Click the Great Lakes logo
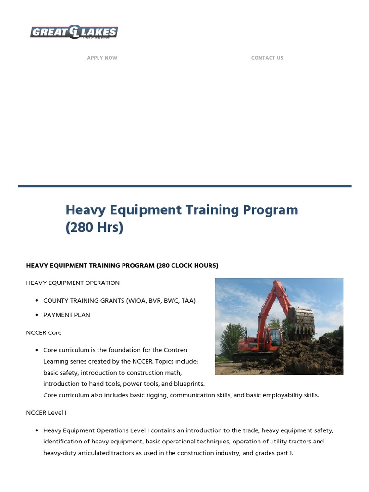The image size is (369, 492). point(74,32)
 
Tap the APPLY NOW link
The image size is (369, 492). point(102,58)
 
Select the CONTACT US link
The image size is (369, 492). point(267,58)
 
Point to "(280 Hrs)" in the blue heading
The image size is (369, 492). point(94,227)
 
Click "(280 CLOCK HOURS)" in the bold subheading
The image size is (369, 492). point(187,265)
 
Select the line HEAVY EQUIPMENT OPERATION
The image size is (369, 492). point(73,283)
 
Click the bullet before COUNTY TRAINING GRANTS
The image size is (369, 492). point(37,301)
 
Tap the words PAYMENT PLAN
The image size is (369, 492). point(67,315)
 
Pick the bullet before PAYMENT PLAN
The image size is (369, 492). point(37,315)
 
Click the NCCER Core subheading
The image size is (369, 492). point(44,332)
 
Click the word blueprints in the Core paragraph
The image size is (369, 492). point(189,384)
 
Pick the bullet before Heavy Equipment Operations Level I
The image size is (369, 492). point(37,430)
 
